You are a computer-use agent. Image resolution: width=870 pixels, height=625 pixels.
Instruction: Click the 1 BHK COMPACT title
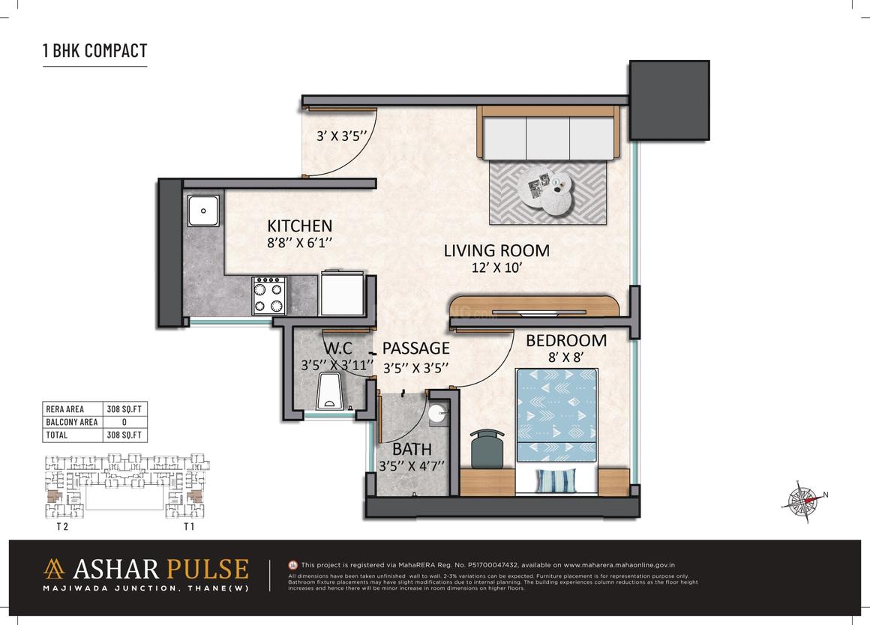tap(94, 51)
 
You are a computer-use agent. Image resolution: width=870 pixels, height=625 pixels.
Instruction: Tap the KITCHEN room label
tap(300, 226)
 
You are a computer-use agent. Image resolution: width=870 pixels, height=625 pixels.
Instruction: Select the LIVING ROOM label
tap(496, 250)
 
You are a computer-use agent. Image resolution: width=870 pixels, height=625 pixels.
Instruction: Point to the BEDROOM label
tap(565, 340)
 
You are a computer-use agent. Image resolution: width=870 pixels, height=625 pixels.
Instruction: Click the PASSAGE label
tap(415, 348)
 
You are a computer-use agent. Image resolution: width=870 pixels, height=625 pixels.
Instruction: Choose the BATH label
tap(412, 450)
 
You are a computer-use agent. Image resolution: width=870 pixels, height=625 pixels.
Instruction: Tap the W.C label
tap(338, 348)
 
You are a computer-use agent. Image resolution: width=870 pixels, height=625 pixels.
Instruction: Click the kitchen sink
tap(203, 211)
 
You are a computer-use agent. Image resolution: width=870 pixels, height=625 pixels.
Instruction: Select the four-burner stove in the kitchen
tap(269, 295)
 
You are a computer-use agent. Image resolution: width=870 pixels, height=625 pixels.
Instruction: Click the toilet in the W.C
tap(328, 393)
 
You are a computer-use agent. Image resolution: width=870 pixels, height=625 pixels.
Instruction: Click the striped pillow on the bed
tap(556, 480)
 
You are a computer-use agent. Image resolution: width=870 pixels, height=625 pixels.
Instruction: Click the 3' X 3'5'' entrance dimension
tap(340, 136)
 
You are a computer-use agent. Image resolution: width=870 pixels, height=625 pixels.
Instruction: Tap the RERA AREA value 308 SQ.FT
tap(127, 408)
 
